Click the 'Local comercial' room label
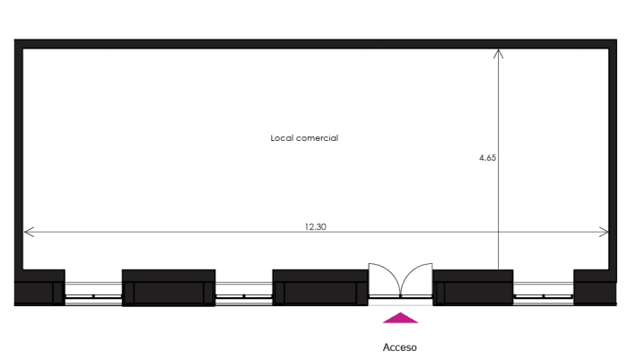point(304,138)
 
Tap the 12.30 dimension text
point(316,227)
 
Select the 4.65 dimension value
point(487,158)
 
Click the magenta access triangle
point(400,318)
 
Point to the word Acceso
point(400,347)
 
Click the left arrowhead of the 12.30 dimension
point(29,232)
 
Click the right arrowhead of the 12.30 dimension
point(604,232)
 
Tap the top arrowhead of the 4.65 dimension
point(498,54)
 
